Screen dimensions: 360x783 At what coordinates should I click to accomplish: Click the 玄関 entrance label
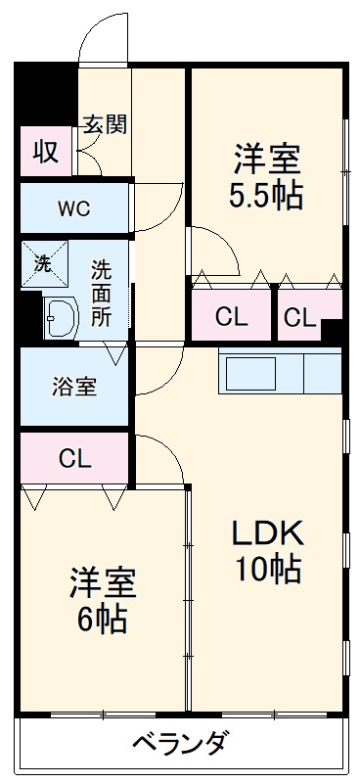pyautogui.click(x=105, y=125)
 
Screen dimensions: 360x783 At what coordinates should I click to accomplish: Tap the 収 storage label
pyautogui.click(x=46, y=152)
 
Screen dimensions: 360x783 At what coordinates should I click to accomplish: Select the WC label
pyautogui.click(x=73, y=207)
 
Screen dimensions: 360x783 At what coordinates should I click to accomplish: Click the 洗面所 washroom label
pyautogui.click(x=102, y=291)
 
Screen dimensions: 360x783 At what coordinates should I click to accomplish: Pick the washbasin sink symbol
pyautogui.click(x=60, y=317)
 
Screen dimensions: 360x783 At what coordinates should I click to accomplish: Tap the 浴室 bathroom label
pyautogui.click(x=73, y=386)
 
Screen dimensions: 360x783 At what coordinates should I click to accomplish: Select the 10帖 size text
pyautogui.click(x=266, y=568)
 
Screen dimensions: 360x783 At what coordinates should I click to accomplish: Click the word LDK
pyautogui.click(x=267, y=533)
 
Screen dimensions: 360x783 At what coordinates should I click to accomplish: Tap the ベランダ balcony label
pyautogui.click(x=179, y=744)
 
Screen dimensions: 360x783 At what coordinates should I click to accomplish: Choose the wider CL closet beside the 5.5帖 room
pyautogui.click(x=233, y=316)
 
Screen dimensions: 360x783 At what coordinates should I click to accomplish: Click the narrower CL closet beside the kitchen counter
pyautogui.click(x=300, y=317)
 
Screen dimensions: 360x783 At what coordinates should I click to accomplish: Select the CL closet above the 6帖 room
pyautogui.click(x=74, y=458)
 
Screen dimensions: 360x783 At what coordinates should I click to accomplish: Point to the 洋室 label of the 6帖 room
pyautogui.click(x=102, y=583)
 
